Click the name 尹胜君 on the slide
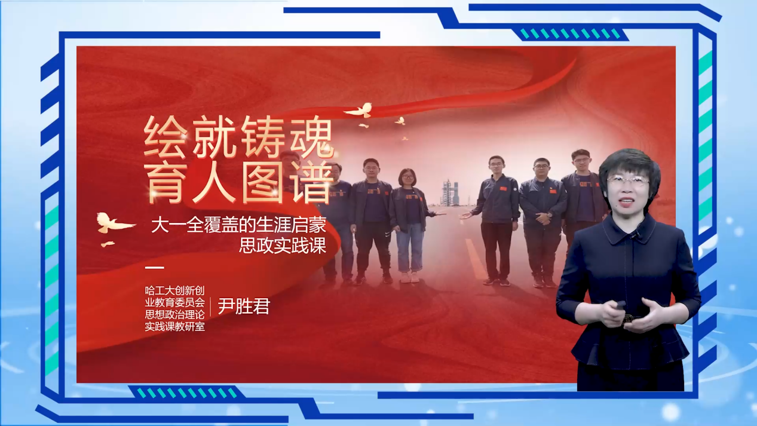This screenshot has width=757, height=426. click(x=244, y=306)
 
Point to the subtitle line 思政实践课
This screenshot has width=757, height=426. click(x=283, y=246)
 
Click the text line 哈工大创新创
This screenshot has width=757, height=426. click(x=174, y=290)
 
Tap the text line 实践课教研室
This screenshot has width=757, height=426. click(x=174, y=327)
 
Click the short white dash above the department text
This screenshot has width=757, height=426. click(x=154, y=268)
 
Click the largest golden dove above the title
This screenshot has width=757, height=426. click(x=360, y=110)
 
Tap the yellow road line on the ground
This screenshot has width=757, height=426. click(x=476, y=259)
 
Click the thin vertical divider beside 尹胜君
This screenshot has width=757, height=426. click(x=210, y=307)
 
